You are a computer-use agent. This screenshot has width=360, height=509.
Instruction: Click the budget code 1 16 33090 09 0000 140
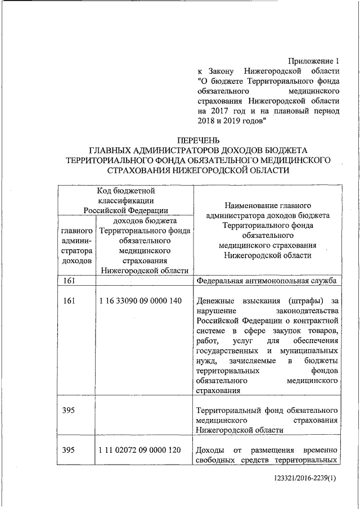139,301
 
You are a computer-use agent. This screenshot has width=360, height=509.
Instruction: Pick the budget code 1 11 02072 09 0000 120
139,451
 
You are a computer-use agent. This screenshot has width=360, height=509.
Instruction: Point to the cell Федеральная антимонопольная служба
267,281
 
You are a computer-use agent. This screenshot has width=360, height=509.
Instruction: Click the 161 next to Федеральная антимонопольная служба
69,281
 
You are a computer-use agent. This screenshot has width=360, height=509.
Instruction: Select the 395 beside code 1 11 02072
69,451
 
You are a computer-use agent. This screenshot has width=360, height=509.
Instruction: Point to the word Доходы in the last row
211,451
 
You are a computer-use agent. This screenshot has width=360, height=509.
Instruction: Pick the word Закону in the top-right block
224,71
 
